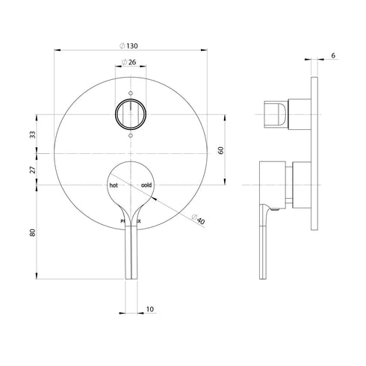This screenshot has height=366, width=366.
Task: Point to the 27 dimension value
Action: point(31,169)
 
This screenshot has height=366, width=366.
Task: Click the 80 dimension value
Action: point(31,232)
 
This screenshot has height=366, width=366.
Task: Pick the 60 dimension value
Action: point(220,150)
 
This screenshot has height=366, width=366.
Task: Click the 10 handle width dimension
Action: point(150,308)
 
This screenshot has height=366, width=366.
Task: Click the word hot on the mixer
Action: point(114,184)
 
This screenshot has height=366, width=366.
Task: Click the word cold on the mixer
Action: point(146,184)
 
